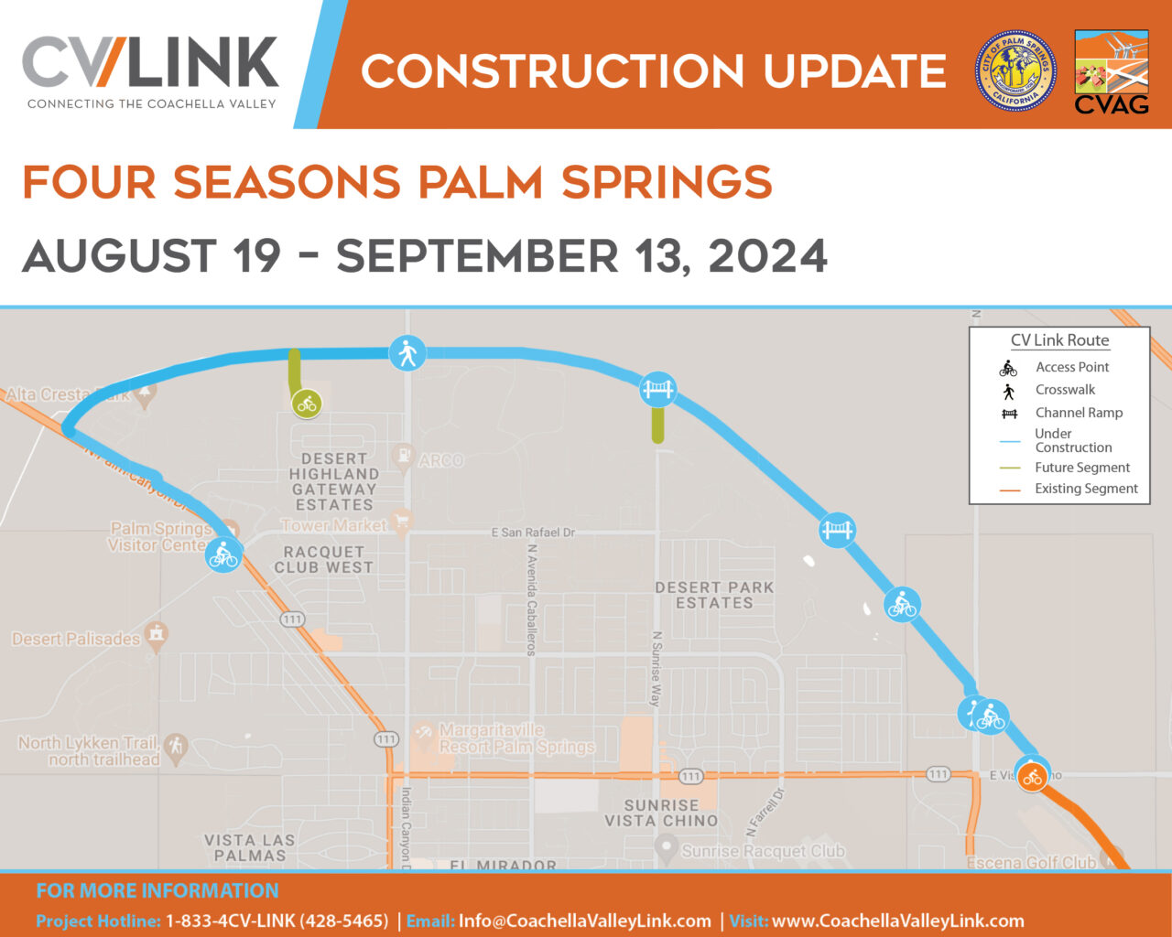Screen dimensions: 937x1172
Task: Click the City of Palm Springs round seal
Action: pos(1015,70)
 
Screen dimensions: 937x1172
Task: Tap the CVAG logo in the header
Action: pos(1111,72)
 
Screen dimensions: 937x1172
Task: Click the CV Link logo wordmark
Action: pos(150,64)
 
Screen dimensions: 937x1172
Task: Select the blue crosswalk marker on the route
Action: pos(407,352)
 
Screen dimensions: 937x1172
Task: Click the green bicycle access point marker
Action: pos(307,403)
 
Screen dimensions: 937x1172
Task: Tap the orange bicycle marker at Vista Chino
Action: pos(1033,778)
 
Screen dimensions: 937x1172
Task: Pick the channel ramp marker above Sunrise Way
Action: pos(657,390)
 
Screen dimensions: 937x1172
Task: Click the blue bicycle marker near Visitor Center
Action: pos(223,555)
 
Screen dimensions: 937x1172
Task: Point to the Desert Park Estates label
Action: pos(714,595)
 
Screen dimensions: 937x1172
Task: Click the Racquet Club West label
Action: pos(323,559)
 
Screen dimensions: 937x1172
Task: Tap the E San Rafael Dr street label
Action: pos(533,533)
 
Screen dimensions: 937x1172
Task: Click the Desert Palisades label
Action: pos(76,639)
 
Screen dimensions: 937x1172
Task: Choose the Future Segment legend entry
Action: pos(1081,468)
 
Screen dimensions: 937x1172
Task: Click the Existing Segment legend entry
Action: pos(1085,489)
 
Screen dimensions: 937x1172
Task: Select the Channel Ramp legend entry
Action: pos(1078,413)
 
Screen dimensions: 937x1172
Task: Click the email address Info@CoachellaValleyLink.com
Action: pos(584,921)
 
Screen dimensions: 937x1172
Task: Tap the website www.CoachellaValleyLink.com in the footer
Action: pos(897,921)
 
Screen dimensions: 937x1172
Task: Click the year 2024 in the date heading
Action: pos(767,256)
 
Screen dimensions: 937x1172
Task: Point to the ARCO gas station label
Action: pos(440,460)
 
